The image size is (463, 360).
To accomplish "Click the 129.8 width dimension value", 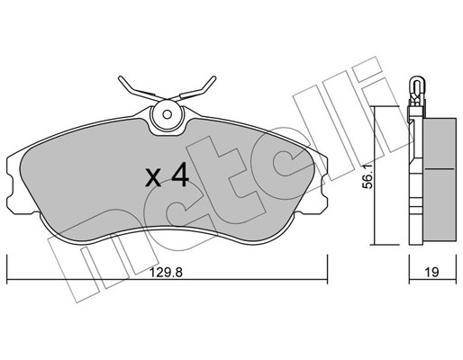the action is coord(166,273).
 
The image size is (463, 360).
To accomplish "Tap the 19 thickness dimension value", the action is coord(431,273).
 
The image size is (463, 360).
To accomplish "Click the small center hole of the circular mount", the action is coord(167,114).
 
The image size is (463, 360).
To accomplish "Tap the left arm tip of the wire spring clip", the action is coord(121,78).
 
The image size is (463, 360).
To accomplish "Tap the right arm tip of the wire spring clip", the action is coord(213,78).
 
